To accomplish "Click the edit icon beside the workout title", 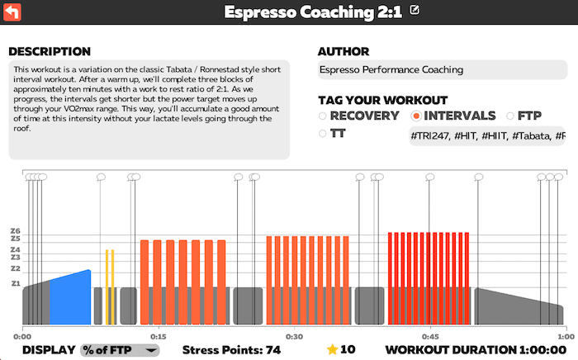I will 415,11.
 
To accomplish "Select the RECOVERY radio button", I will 323,116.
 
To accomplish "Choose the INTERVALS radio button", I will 416,116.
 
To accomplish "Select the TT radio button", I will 323,133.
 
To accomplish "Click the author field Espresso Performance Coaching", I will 441,70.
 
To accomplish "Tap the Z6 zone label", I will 15,231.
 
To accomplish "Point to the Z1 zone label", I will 15,283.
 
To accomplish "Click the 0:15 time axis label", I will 159,337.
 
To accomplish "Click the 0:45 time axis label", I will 429,337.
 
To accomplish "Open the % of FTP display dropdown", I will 119,350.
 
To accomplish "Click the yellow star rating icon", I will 333,349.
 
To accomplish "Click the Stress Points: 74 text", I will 231,350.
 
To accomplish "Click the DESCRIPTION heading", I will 49,51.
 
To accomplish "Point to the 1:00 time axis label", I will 566,337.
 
